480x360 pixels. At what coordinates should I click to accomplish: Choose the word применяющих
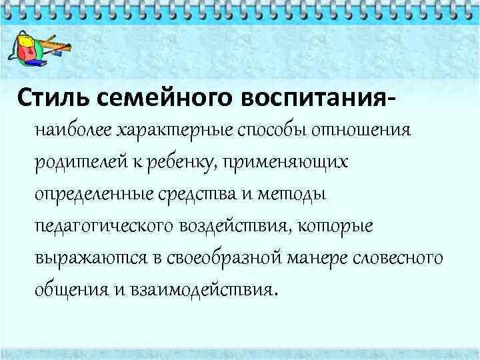[x=287, y=161]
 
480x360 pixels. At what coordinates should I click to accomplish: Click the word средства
[x=207, y=193]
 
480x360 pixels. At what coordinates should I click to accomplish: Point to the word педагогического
[x=105, y=225]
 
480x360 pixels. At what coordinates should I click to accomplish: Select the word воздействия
[x=233, y=225]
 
